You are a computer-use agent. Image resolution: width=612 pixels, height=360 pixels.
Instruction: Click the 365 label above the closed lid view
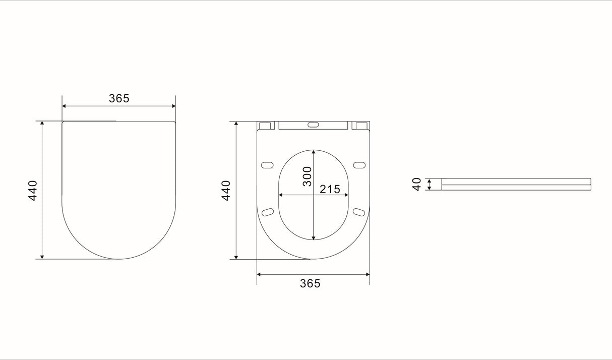[x=119, y=98]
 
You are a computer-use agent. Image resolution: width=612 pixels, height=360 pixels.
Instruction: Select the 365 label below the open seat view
[x=310, y=283]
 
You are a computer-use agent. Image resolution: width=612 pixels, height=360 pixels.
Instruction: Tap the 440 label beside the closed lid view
[x=33, y=191]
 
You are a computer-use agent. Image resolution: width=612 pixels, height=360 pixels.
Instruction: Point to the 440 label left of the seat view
[x=226, y=191]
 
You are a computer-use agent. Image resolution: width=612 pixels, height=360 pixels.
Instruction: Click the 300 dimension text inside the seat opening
[x=307, y=176]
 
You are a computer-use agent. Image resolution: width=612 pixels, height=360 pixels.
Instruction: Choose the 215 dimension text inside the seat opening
[x=330, y=189]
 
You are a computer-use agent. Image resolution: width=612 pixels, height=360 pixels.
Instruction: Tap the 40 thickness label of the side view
[x=417, y=184]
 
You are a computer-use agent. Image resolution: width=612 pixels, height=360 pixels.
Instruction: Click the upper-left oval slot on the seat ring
[x=267, y=165]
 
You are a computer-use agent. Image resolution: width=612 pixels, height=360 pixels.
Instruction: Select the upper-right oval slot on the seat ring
[x=359, y=165]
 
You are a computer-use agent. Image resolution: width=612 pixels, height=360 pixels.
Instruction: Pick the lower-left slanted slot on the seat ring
[x=268, y=212]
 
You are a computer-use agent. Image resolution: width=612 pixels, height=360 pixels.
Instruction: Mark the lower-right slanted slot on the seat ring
[x=358, y=212]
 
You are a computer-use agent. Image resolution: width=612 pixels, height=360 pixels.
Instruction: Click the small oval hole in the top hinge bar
[x=313, y=124]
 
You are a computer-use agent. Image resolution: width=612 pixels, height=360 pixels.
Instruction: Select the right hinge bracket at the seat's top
[x=360, y=126]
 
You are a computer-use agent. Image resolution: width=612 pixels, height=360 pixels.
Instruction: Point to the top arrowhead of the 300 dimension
[x=314, y=152]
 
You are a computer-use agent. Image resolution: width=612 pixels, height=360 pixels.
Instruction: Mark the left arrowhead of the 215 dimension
[x=281, y=195]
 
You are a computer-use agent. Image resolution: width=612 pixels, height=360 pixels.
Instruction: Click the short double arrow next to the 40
[x=429, y=184]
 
